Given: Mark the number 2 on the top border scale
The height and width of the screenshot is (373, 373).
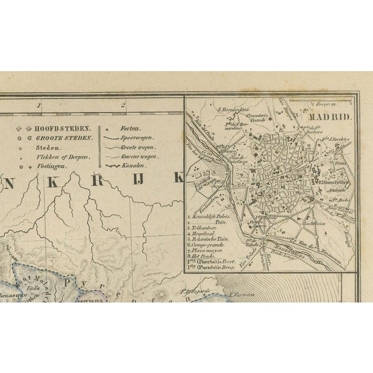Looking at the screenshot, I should point(124,105).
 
